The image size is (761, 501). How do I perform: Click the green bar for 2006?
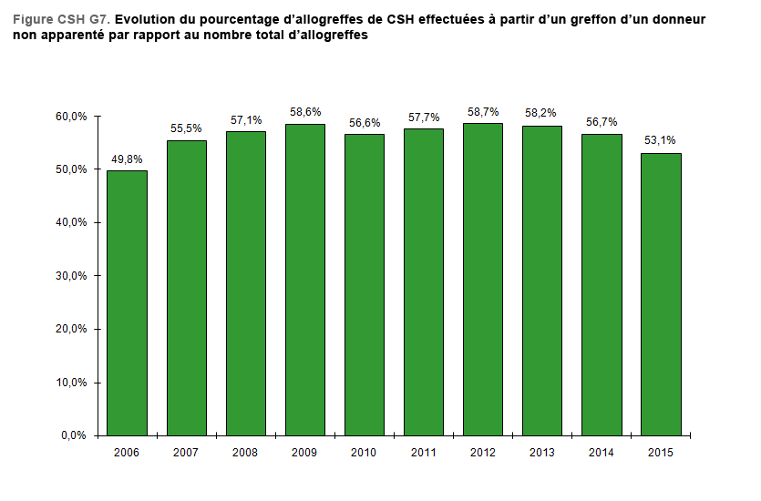(127, 302)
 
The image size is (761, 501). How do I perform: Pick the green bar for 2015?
(661, 293)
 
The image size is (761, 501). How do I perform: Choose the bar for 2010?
(365, 284)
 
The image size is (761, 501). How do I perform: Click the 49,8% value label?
(127, 159)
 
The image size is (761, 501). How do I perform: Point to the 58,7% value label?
(483, 112)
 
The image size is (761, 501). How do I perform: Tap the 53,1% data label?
(661, 141)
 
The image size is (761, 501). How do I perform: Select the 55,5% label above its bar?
(186, 129)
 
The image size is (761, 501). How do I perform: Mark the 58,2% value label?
(542, 114)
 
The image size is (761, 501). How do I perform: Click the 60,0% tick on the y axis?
(72, 117)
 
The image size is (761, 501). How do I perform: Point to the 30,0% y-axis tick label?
(72, 276)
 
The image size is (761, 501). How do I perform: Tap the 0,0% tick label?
(75, 435)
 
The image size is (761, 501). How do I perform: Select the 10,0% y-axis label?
(72, 383)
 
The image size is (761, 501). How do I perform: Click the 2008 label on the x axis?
(245, 453)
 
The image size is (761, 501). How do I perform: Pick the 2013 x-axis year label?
(542, 453)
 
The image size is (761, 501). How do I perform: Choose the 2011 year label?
(424, 453)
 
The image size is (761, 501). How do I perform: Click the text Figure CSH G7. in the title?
(62, 19)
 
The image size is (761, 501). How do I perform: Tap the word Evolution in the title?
(148, 19)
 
